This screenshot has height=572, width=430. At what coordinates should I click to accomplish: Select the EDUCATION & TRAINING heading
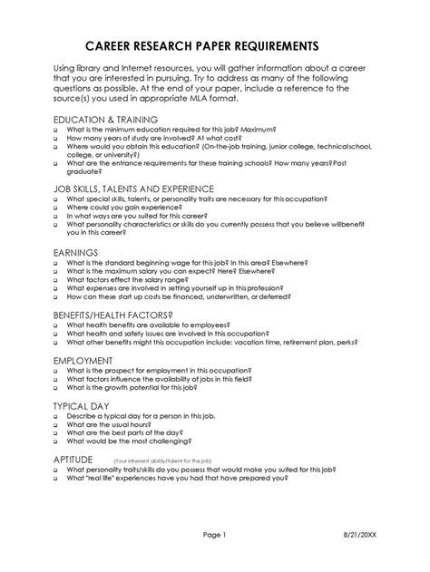(x=106, y=119)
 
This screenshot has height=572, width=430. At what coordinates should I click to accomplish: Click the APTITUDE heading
(x=80, y=459)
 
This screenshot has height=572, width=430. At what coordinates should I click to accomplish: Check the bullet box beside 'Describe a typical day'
(x=57, y=414)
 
